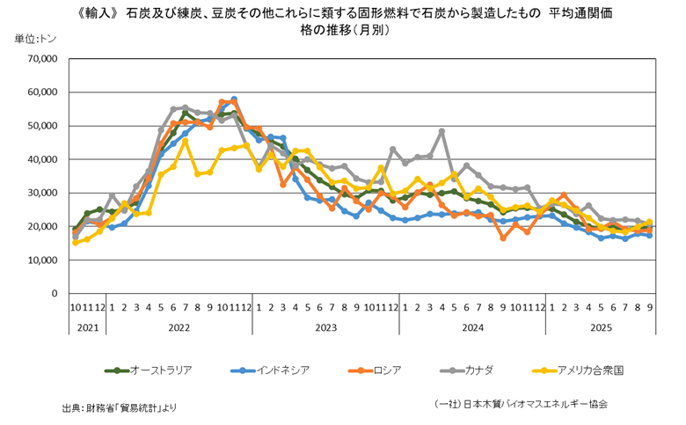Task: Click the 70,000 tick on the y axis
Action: tap(42, 59)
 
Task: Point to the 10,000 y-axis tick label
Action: tap(42, 260)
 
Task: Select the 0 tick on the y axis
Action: tap(54, 294)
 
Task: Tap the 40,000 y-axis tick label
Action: tap(42, 159)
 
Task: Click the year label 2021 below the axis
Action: tap(87, 327)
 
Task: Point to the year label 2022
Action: tap(179, 327)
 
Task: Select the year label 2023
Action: tap(325, 327)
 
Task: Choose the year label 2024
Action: tap(472, 327)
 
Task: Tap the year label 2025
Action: tap(601, 327)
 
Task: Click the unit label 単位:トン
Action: tap(33, 40)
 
